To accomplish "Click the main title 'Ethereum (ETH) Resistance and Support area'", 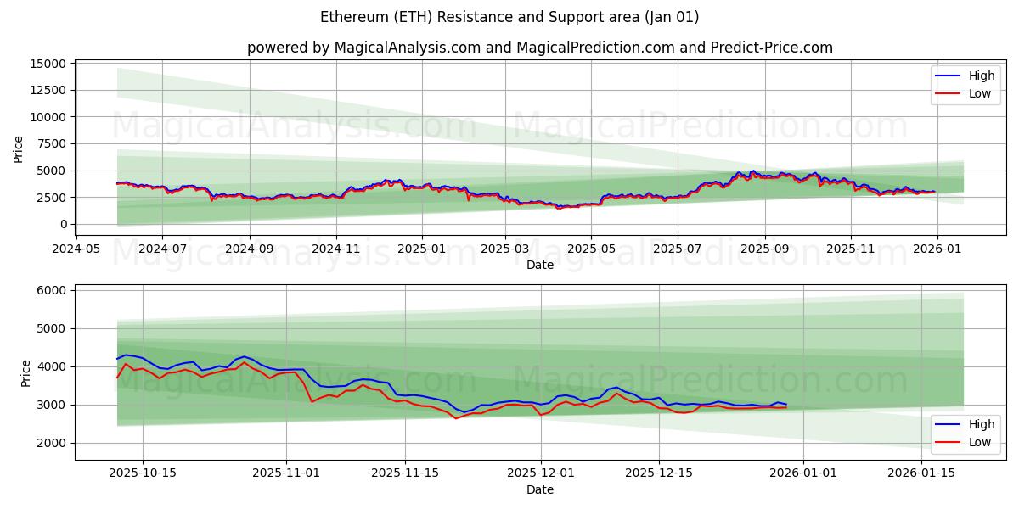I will pyautogui.click(x=509, y=17).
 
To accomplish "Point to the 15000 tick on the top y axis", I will pyautogui.click(x=48, y=64).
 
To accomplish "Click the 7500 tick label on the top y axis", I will pyautogui.click(x=52, y=143).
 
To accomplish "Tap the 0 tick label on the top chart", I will pyautogui.click(x=62, y=224).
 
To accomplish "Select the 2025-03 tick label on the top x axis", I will pyautogui.click(x=505, y=249).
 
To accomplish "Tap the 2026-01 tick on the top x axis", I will pyautogui.click(x=937, y=249).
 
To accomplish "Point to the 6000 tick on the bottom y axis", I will pyautogui.click(x=52, y=290).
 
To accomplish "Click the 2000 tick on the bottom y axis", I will pyautogui.click(x=52, y=443).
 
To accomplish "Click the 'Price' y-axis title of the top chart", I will pyautogui.click(x=19, y=149).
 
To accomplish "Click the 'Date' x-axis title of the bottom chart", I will pyautogui.click(x=539, y=489).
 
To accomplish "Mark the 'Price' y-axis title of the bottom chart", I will pyautogui.click(x=25, y=372).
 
